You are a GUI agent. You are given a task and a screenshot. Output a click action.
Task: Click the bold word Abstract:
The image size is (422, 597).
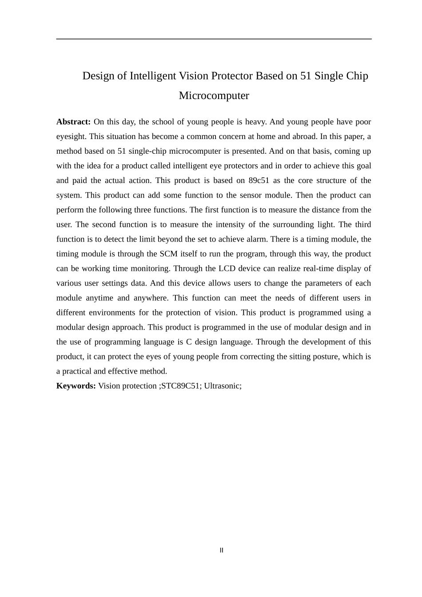[73, 122]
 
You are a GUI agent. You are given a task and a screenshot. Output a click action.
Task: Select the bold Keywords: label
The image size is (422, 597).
[76, 386]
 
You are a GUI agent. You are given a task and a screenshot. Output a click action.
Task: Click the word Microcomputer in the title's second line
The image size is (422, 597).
[214, 96]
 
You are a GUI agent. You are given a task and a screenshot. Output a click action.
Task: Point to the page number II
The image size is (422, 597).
[221, 550]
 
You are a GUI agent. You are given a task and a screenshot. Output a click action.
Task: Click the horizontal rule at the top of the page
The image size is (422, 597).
[214, 39]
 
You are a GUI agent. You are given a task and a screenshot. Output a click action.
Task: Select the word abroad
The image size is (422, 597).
[304, 136]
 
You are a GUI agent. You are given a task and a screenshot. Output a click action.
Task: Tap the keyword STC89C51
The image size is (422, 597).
[180, 386]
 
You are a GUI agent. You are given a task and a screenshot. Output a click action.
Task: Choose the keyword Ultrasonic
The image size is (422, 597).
[222, 386]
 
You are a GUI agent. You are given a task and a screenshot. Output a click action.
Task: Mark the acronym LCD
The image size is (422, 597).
[227, 268]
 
